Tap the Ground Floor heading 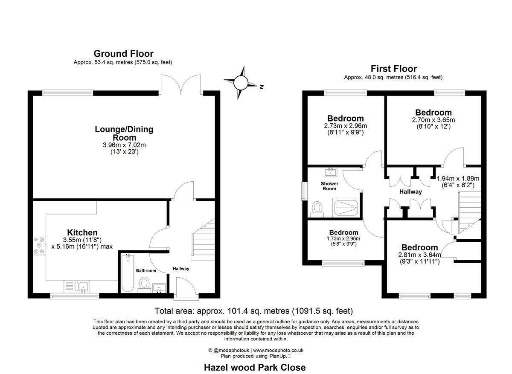[123, 53]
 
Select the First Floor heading [393, 69]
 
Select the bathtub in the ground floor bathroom [128, 273]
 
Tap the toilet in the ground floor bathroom [144, 283]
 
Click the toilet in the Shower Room [317, 208]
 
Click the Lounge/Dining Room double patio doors [181, 84]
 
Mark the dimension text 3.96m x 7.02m [123, 145]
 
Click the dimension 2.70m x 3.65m [433, 120]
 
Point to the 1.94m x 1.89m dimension [458, 178]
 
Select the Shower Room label [329, 186]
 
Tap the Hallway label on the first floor [410, 192]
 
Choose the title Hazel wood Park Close [255, 367]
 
